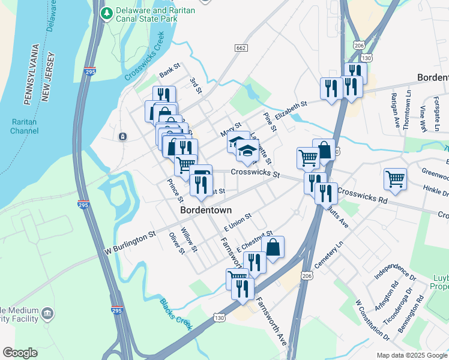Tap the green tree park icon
(107, 13)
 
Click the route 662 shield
(241, 47)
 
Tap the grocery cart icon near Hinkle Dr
(395, 178)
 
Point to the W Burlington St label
(130, 241)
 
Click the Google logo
(20, 353)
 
